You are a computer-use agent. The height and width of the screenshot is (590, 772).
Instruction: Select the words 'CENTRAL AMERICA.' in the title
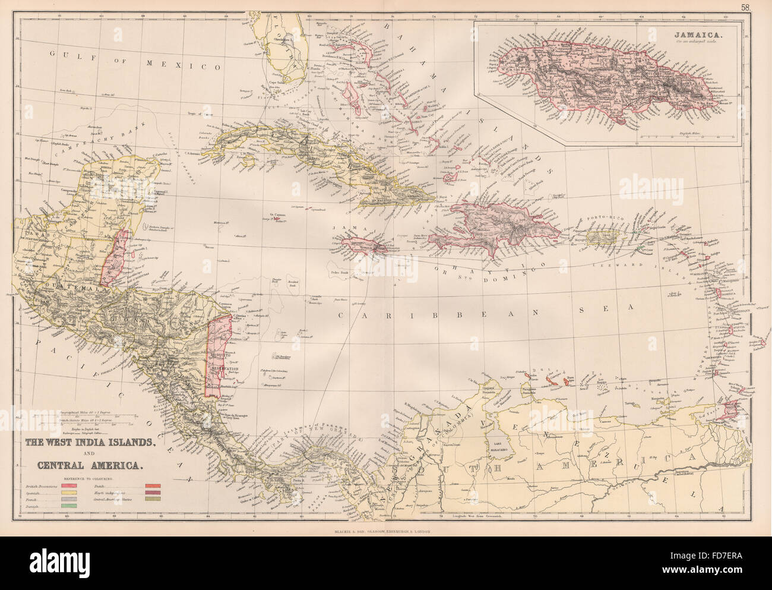tap(83, 465)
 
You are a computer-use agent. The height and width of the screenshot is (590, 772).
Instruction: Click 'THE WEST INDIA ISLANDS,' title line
tap(90, 442)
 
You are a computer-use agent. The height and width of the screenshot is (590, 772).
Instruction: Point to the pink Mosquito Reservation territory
tap(218, 356)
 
